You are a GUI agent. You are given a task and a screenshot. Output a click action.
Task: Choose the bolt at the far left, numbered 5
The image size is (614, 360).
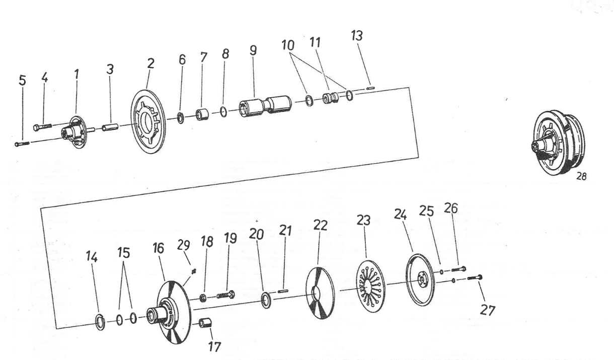[x=22, y=144]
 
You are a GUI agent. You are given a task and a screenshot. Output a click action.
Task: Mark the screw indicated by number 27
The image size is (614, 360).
[x=475, y=277]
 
